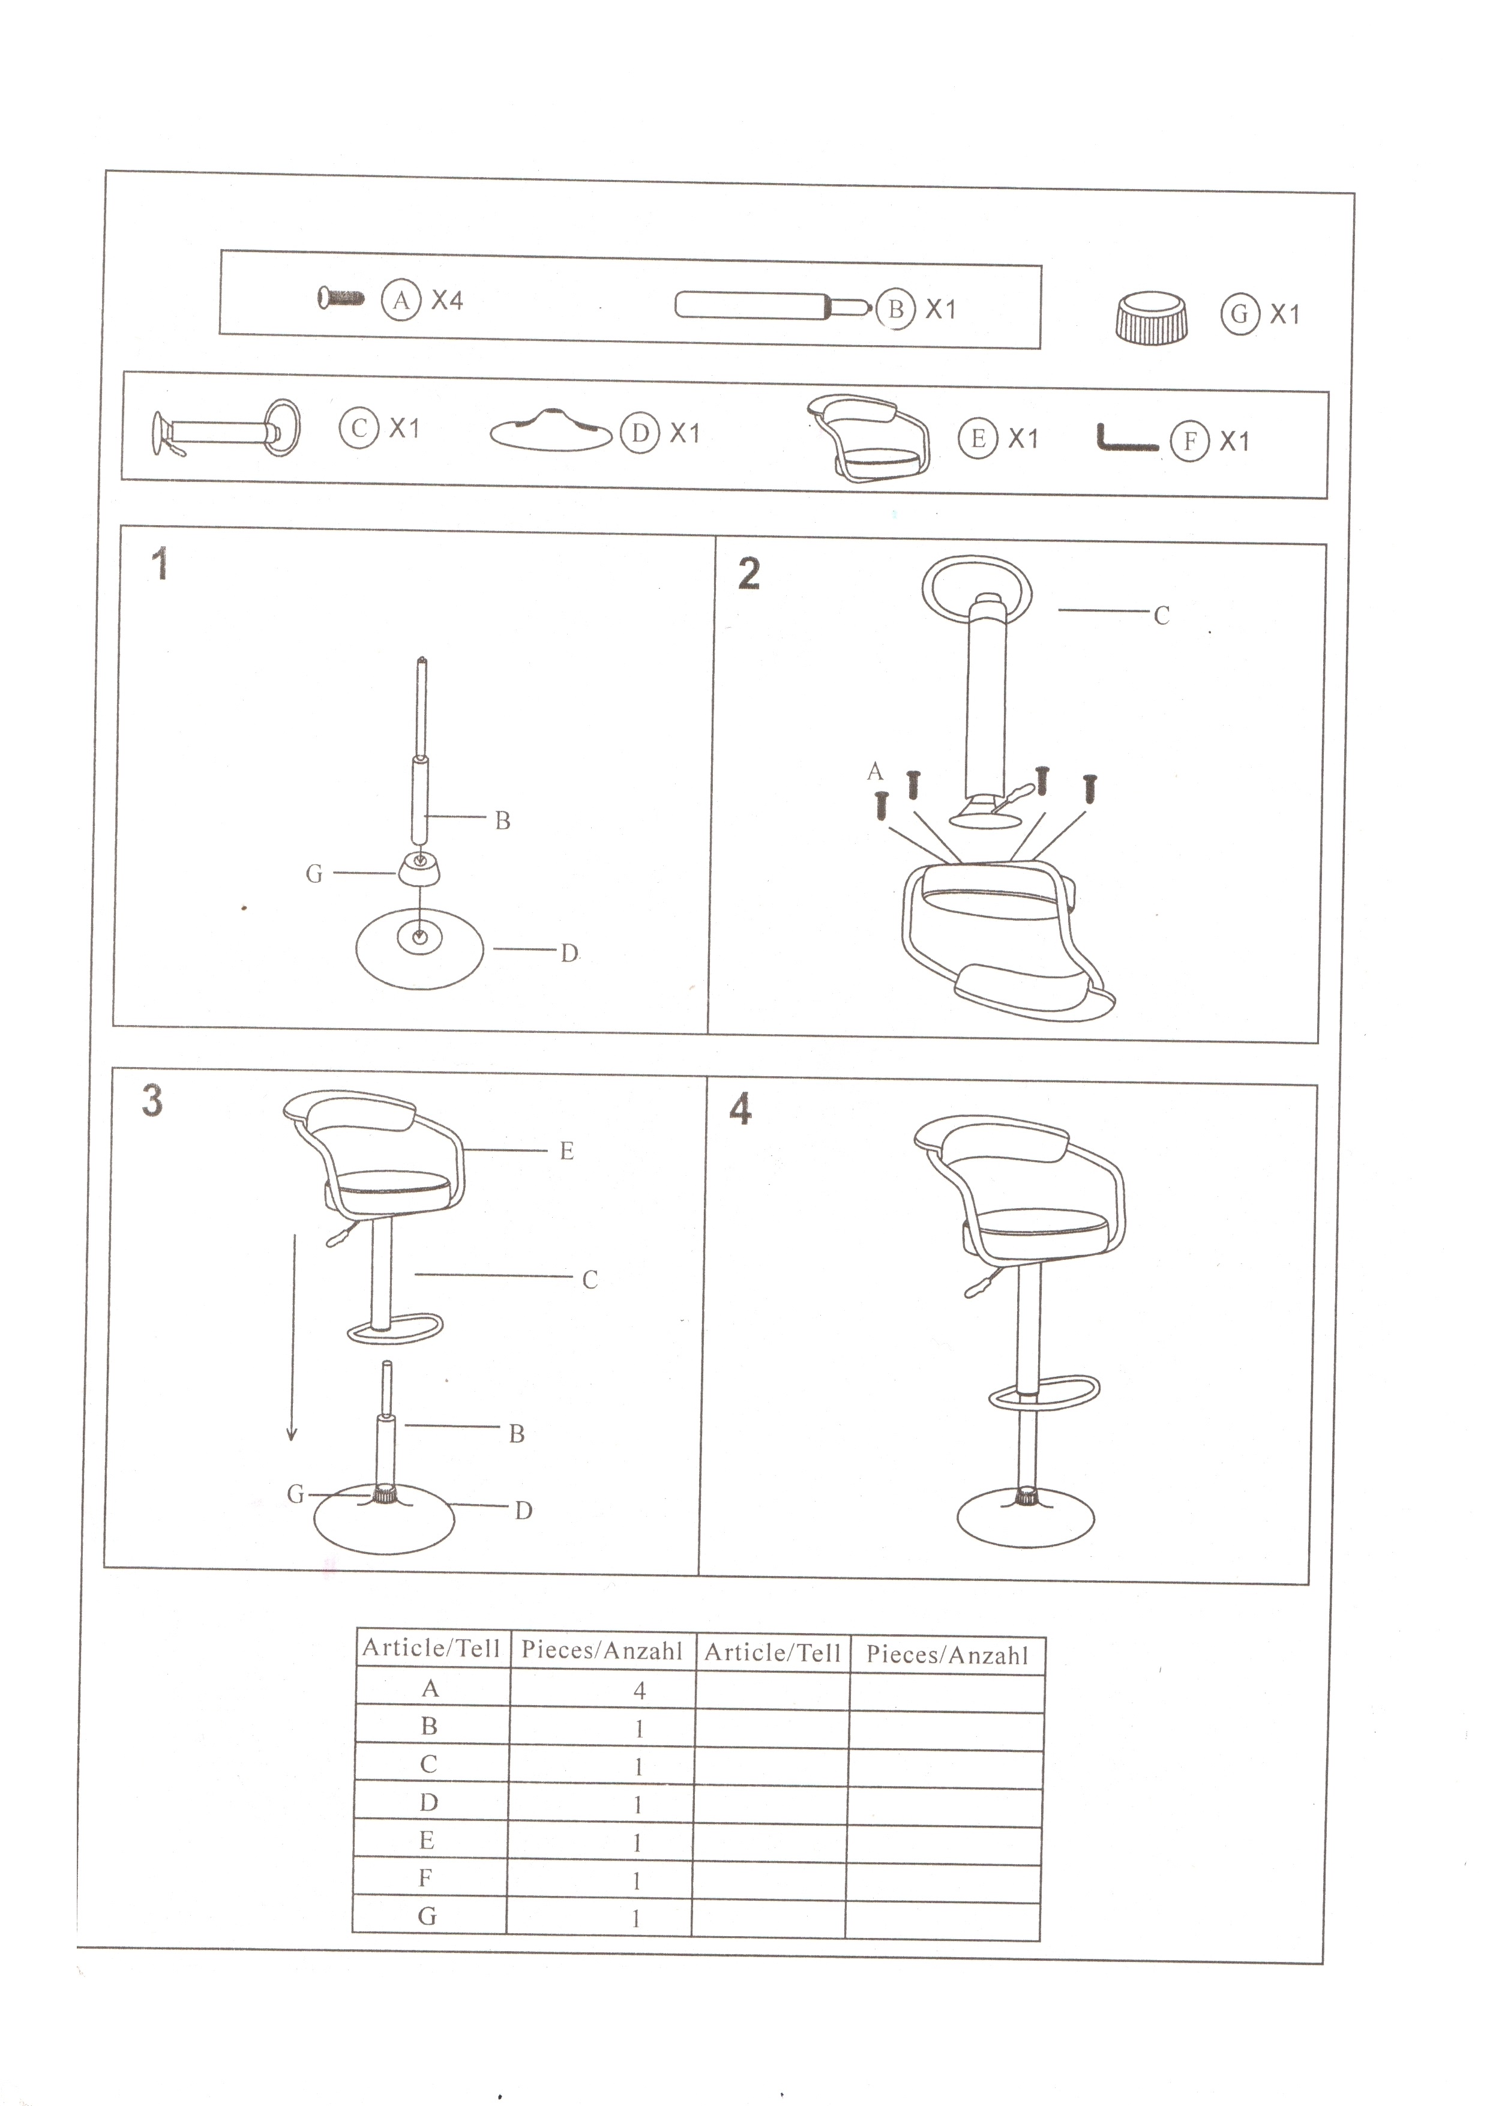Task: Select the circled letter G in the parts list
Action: click(x=1239, y=314)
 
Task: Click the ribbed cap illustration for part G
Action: click(x=1150, y=317)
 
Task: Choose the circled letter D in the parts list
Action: click(x=640, y=433)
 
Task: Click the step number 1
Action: click(x=160, y=564)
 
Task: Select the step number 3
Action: click(x=152, y=1100)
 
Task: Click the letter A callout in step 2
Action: click(x=875, y=771)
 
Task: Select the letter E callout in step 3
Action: click(x=566, y=1151)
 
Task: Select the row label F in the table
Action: click(x=425, y=1878)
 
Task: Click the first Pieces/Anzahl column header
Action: click(x=602, y=1650)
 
